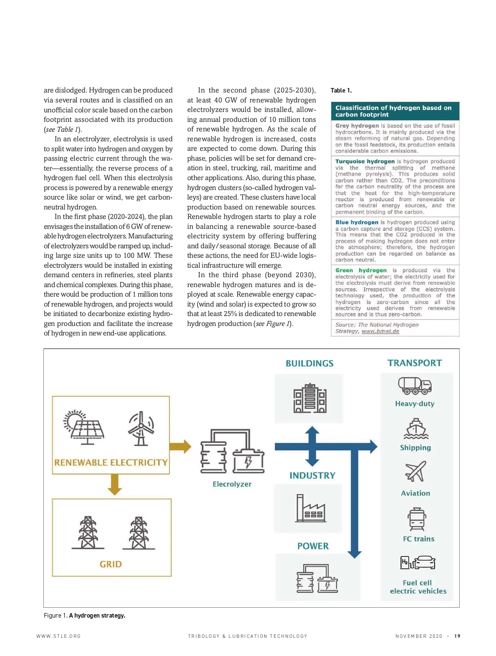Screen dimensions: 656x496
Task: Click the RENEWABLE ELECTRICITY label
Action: (x=111, y=462)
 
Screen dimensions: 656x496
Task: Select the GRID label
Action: (x=111, y=564)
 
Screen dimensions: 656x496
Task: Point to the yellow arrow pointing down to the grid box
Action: (x=114, y=484)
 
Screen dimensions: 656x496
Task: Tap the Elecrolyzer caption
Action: (x=232, y=484)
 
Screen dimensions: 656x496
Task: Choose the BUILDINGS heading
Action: (x=310, y=364)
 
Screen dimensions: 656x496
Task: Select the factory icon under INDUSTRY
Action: (x=310, y=508)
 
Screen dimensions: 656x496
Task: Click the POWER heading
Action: (x=313, y=546)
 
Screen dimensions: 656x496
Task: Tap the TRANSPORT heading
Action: (x=415, y=363)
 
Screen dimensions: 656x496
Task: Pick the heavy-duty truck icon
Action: (x=415, y=385)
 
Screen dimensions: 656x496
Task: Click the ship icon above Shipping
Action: (x=416, y=429)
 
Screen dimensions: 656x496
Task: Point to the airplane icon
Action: (x=415, y=472)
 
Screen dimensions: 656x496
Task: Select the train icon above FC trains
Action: (x=417, y=519)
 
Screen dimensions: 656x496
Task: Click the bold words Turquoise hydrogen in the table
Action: (x=365, y=162)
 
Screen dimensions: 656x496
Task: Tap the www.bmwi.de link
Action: (x=380, y=331)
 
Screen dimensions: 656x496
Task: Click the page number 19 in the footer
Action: (x=457, y=636)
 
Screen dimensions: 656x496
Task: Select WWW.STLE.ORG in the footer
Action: (x=58, y=636)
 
